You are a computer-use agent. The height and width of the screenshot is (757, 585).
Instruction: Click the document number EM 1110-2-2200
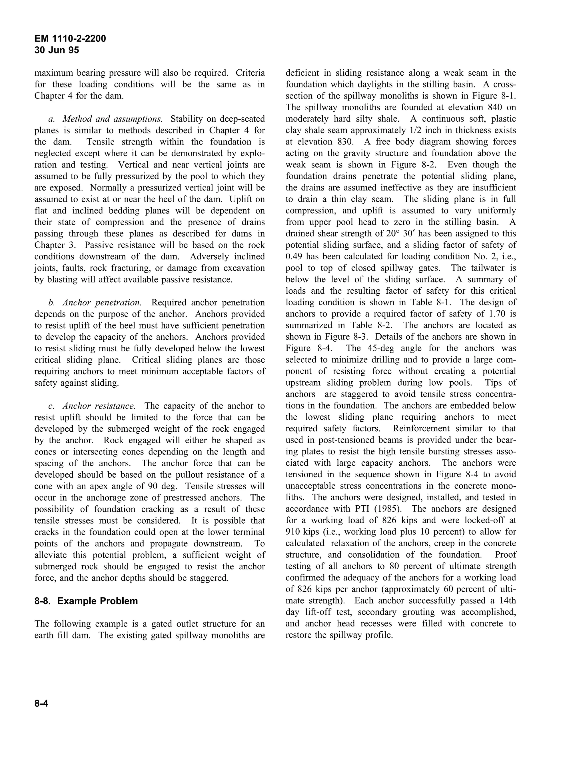[x=70, y=39]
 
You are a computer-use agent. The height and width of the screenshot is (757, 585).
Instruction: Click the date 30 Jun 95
[x=57, y=50]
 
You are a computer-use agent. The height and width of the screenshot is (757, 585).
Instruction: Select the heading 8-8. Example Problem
[x=86, y=601]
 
